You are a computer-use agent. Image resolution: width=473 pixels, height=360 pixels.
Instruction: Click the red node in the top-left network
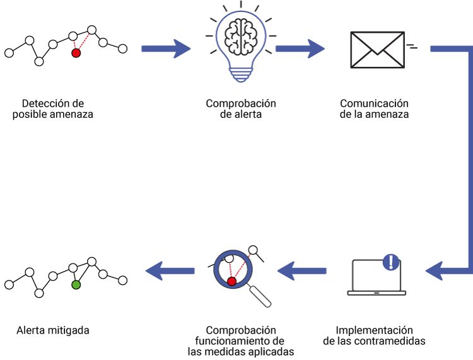(x=76, y=53)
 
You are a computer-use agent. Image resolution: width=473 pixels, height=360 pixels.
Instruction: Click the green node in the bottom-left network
(x=76, y=285)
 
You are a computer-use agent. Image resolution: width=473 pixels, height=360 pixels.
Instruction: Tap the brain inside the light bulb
(x=242, y=37)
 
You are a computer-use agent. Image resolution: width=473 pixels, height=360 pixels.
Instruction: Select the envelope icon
(x=377, y=50)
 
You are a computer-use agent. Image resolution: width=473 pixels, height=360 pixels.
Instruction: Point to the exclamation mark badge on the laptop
(x=392, y=262)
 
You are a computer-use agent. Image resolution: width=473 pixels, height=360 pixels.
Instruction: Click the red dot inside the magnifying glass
(x=231, y=281)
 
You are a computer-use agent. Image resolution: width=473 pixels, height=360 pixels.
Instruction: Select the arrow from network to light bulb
(x=165, y=48)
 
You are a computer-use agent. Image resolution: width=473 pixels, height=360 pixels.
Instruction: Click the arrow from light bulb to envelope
(x=300, y=48)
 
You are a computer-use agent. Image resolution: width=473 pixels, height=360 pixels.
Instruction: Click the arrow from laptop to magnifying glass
(x=303, y=271)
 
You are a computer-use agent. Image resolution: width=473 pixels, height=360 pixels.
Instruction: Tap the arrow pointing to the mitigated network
(x=170, y=271)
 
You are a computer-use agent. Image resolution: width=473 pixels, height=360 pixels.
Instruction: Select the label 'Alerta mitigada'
(x=53, y=330)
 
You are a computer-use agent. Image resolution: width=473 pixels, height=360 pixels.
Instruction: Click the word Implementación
(x=374, y=330)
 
